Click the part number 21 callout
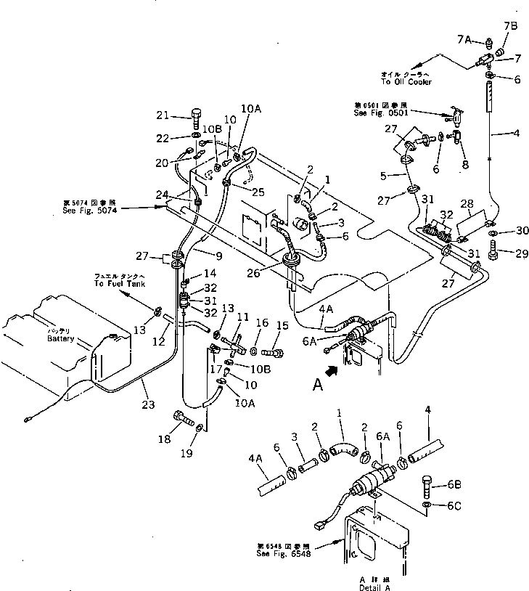(162, 115)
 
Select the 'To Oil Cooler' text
(406, 82)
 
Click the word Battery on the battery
(60, 339)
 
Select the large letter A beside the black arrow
(317, 386)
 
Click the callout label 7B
(510, 27)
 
